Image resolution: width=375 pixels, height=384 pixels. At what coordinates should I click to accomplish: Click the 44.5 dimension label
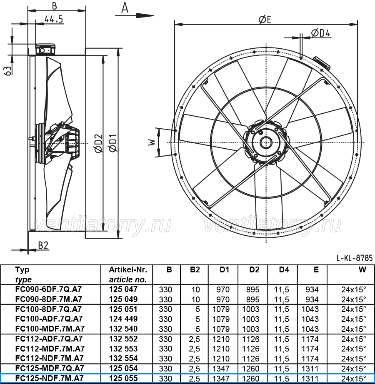(54, 19)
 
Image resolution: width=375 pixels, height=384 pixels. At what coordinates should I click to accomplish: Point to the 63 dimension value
(8, 70)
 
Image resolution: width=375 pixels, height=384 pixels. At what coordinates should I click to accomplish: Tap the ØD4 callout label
(320, 33)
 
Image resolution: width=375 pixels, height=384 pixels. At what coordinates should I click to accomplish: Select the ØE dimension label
(265, 20)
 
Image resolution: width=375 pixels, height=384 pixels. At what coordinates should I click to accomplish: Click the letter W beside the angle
(152, 142)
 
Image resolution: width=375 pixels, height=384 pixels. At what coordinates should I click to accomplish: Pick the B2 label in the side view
(43, 245)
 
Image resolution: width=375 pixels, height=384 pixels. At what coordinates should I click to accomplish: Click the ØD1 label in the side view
(113, 143)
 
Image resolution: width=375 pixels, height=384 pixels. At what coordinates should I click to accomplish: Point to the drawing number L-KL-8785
(355, 258)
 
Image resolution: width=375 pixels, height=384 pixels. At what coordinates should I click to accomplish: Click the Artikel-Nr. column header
(128, 269)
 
